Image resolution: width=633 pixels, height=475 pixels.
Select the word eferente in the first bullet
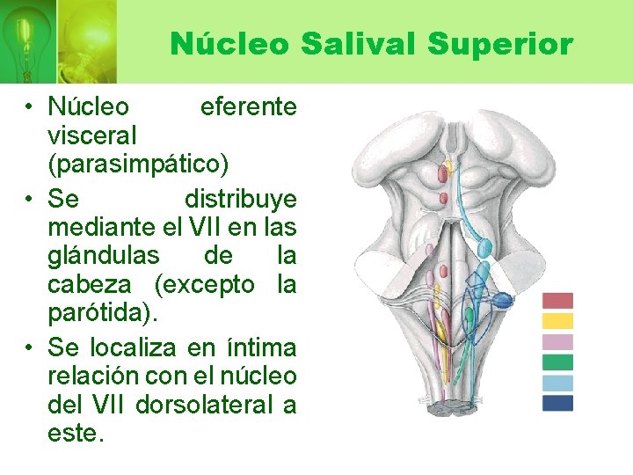click(248, 107)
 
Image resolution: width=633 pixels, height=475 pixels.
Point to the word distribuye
click(240, 196)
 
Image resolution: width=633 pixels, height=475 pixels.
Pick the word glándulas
click(104, 256)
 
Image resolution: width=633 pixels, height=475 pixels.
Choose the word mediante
click(93, 226)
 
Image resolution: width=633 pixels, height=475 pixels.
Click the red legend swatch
click(557, 301)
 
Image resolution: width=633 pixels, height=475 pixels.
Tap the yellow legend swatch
click(557, 321)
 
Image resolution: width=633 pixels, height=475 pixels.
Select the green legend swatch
click(557, 362)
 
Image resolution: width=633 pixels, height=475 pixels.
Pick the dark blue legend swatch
click(557, 403)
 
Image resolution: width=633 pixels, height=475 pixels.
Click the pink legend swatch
click(557, 341)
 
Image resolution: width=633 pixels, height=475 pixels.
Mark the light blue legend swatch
click(557, 383)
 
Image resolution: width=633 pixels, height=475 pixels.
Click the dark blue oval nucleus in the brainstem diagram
click(500, 301)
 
